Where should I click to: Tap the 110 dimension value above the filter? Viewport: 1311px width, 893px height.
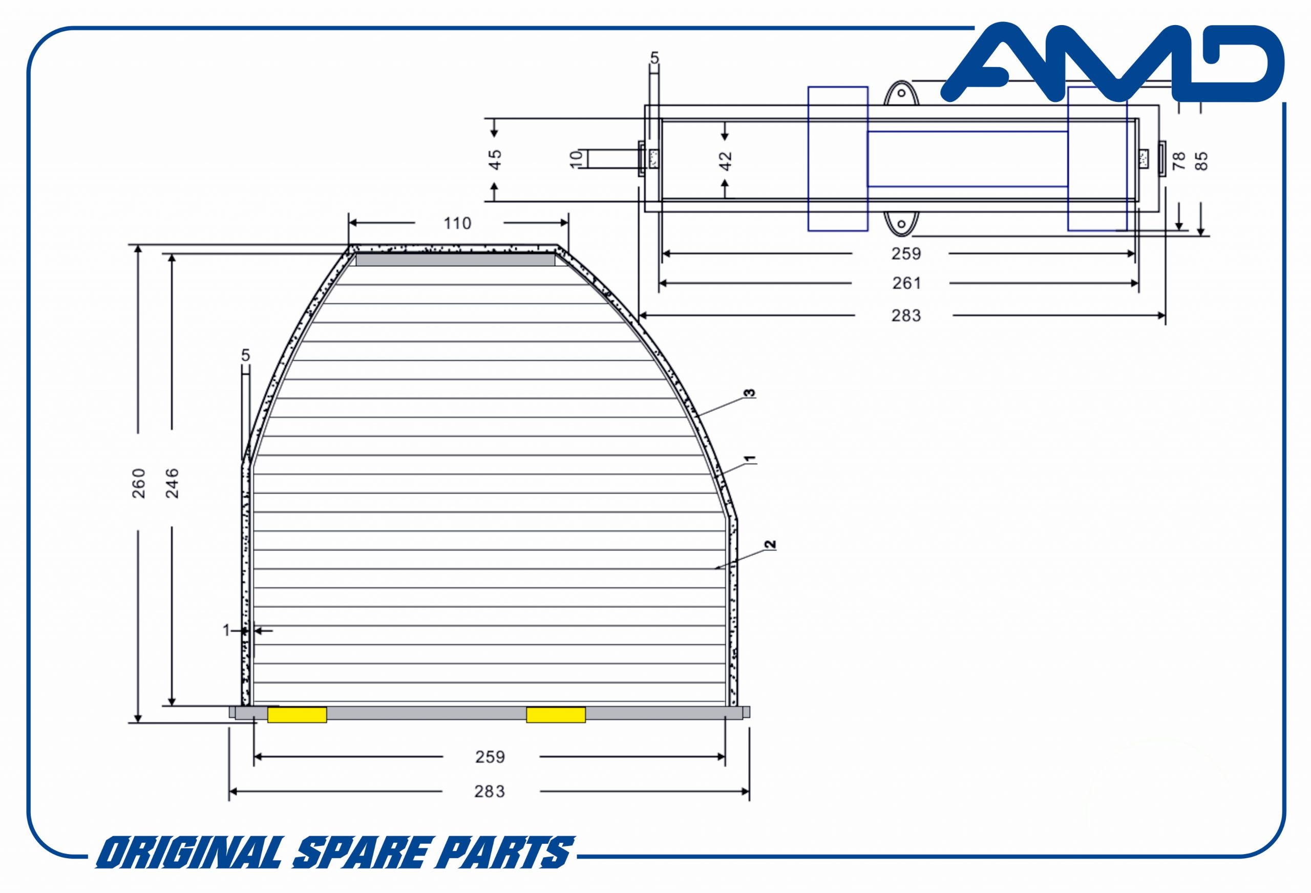(457, 223)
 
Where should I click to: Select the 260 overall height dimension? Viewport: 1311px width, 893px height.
(139, 483)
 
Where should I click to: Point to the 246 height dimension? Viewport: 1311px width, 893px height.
(172, 483)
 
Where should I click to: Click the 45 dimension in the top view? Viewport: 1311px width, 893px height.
(495, 159)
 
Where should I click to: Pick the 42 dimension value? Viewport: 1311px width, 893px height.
(726, 161)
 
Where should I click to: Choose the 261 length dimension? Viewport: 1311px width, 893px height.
(906, 283)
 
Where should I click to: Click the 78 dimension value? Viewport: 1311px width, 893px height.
(1178, 161)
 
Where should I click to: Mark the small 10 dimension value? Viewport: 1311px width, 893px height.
(576, 159)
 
